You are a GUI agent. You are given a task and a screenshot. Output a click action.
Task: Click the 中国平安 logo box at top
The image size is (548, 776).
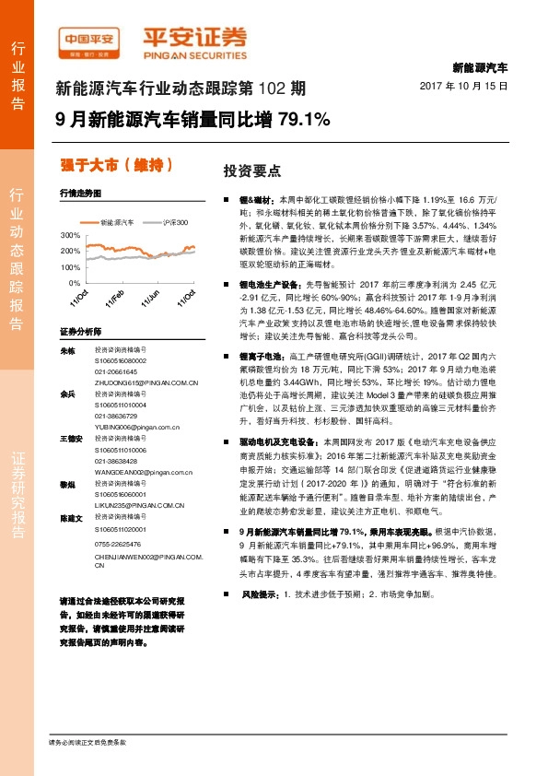click(x=91, y=38)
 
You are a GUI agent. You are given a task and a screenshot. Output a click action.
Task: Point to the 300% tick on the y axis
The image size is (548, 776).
click(x=70, y=236)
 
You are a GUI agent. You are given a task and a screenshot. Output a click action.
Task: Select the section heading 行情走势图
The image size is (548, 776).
click(x=78, y=194)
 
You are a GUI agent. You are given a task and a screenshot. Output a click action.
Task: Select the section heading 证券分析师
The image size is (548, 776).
click(x=78, y=330)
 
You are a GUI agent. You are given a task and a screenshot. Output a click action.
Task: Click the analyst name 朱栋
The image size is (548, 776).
click(x=66, y=351)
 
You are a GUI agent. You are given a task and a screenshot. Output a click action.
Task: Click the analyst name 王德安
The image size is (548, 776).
click(x=70, y=438)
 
